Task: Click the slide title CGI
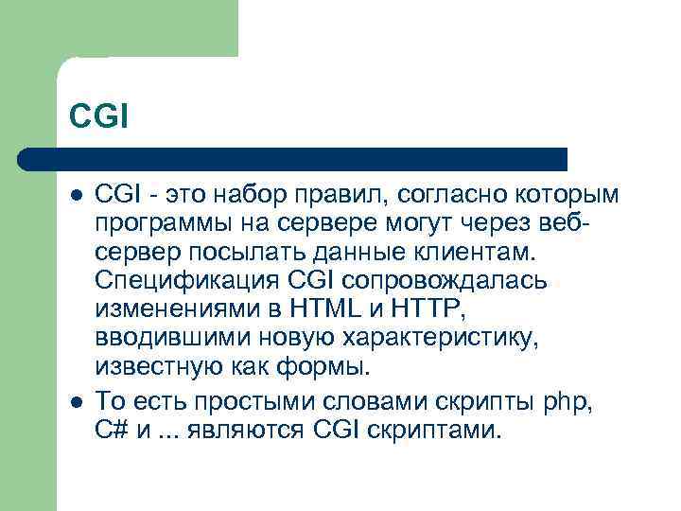coord(98,116)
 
